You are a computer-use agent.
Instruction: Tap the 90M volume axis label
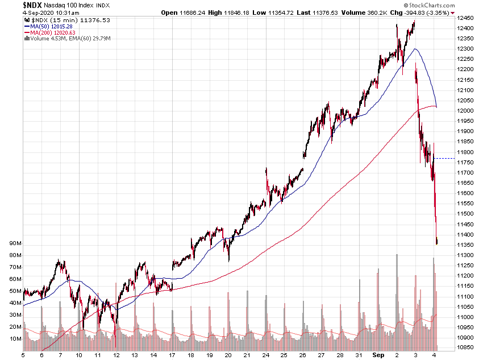[x=15, y=243]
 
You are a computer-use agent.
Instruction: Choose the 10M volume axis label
[x=15, y=339]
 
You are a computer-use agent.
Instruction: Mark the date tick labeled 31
[x=360, y=355]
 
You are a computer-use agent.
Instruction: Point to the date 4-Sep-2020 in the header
[x=21, y=12]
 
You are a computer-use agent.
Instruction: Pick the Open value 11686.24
[x=192, y=12]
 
